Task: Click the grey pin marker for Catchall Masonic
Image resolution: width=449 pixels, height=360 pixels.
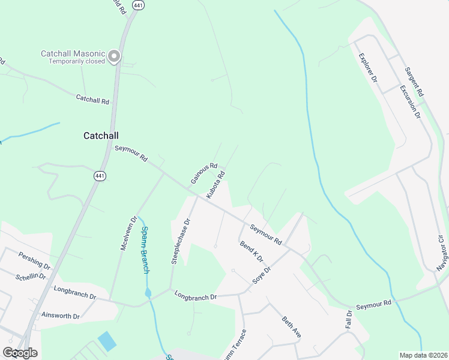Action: (x=114, y=57)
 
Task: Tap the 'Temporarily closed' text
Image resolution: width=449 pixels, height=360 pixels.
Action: (x=76, y=61)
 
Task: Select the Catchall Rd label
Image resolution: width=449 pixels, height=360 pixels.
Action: (x=92, y=100)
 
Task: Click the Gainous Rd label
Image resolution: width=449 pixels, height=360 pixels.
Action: (x=203, y=173)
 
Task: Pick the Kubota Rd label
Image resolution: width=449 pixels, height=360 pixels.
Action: (x=215, y=185)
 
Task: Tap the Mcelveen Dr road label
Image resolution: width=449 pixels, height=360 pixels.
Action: (x=129, y=234)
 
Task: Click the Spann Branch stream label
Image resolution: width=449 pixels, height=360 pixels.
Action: (x=145, y=250)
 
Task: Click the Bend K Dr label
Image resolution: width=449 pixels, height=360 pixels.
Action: (x=252, y=251)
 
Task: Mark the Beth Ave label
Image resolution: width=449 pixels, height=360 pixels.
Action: (x=291, y=326)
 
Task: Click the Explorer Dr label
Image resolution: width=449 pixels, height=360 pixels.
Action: (x=367, y=68)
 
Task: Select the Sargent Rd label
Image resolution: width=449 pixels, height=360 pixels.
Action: (x=414, y=82)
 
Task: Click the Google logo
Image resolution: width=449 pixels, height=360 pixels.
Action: (x=20, y=353)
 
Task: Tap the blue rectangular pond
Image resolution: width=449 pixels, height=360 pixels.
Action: (x=107, y=341)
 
